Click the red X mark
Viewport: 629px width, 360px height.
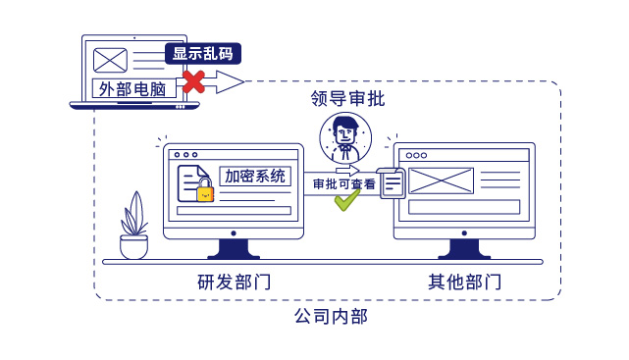point(194,81)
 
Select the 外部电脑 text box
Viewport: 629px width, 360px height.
point(137,88)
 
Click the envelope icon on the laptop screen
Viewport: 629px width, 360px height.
point(110,59)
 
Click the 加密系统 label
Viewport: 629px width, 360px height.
point(255,177)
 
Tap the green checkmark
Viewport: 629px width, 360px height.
point(346,200)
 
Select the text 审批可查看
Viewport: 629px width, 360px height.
point(343,183)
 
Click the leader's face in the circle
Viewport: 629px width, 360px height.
point(345,132)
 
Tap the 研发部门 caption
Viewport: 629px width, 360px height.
point(234,283)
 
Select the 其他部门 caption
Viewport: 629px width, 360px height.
point(464,283)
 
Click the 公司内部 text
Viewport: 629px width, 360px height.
point(331,317)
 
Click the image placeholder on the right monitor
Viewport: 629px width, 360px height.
point(441,180)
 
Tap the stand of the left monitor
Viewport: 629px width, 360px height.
point(234,249)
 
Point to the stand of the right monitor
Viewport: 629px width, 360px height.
point(464,249)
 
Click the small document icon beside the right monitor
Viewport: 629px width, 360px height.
point(392,183)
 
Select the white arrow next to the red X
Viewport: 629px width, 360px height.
point(227,81)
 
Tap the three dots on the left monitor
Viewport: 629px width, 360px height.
point(185,154)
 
